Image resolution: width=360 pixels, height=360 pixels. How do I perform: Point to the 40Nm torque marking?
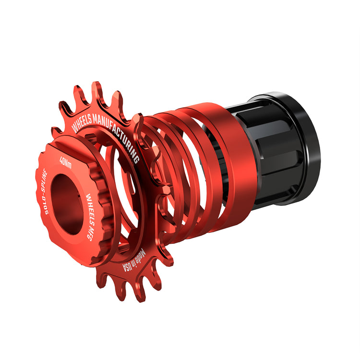(65, 162)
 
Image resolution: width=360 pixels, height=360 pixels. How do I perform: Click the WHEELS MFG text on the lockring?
(91, 217)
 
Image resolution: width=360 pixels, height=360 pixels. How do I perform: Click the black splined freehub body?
(264, 156)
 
